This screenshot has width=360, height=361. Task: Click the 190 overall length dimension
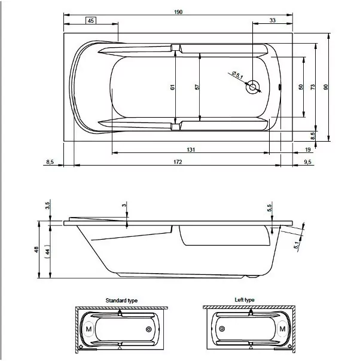tap(178, 12)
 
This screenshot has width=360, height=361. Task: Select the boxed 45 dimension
tap(91, 20)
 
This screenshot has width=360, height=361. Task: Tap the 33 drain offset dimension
tap(273, 20)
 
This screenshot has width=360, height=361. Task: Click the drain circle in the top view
tap(253, 87)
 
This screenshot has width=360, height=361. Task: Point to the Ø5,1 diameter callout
tap(237, 75)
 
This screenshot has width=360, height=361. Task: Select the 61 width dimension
tap(172, 87)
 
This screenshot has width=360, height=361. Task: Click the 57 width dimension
tap(197, 87)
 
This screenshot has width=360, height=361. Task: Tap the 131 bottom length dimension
tap(191, 149)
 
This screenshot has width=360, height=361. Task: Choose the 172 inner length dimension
tap(178, 162)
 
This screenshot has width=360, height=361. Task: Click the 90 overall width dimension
tap(325, 87)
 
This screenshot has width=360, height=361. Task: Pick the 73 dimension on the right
tap(313, 87)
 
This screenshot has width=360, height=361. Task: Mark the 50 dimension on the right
tap(301, 87)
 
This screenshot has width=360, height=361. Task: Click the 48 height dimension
tap(36, 250)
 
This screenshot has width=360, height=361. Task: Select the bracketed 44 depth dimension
tap(47, 252)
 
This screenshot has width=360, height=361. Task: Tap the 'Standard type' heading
tap(121, 301)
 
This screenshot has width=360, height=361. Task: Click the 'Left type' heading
tap(245, 300)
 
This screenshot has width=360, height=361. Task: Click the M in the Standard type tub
tap(89, 329)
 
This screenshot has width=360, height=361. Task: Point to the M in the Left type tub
tap(283, 329)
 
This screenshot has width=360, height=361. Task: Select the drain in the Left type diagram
tap(222, 329)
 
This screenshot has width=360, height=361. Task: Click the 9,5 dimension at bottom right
tap(307, 162)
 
